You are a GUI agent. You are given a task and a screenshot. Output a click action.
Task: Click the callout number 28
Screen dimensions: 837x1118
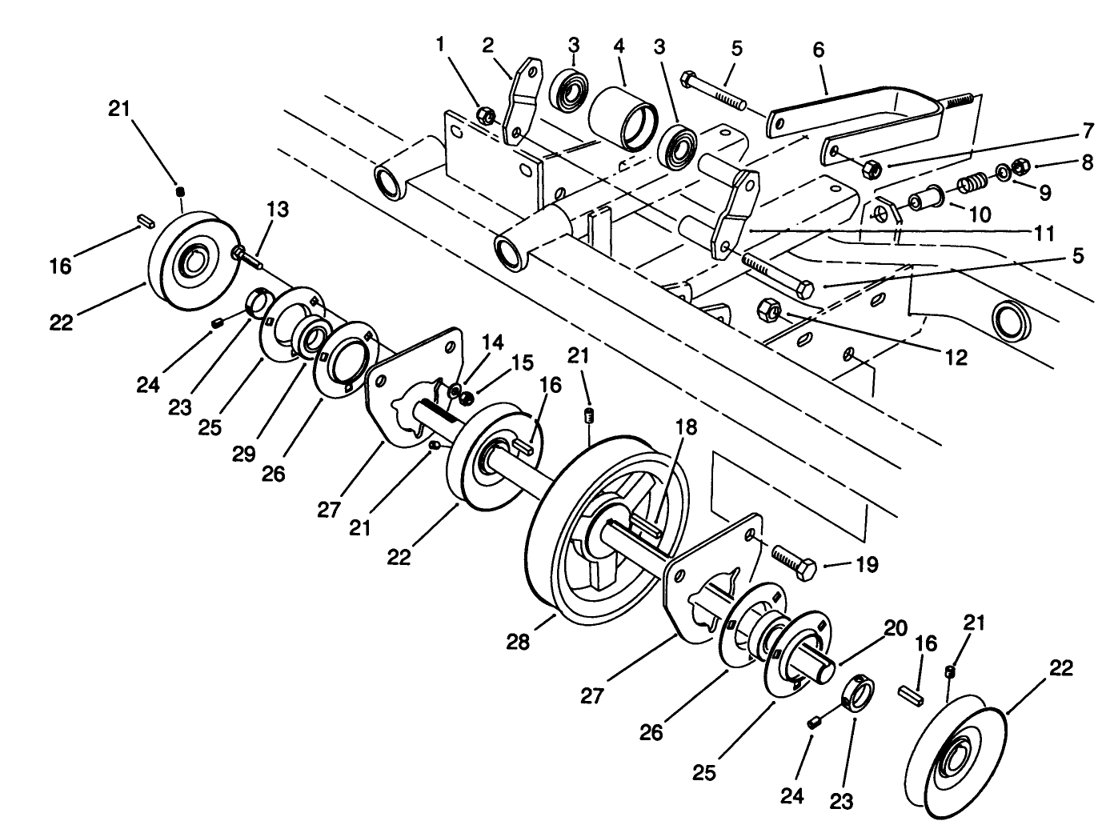click(518, 642)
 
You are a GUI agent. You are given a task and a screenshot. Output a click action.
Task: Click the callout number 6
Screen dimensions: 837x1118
click(817, 49)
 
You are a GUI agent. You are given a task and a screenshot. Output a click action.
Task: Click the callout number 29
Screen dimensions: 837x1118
click(243, 454)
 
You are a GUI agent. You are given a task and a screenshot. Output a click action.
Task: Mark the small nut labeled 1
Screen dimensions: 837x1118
click(485, 114)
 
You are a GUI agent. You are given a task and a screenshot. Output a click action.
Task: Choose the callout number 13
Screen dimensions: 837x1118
click(277, 210)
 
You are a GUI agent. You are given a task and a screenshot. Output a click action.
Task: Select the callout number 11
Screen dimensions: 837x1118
click(1043, 234)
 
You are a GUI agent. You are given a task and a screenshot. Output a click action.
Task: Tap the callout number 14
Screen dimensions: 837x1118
click(492, 342)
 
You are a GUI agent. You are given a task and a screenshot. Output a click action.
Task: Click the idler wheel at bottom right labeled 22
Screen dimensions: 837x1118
click(953, 757)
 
